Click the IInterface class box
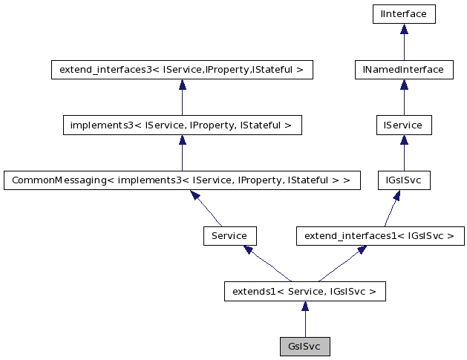404,14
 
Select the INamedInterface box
404,70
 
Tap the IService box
404,125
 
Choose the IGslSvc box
404,180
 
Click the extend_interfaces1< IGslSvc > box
380,236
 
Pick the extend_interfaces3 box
181,70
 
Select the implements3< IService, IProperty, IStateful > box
182,125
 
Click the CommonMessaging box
182,180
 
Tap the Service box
229,236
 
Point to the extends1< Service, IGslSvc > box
304,292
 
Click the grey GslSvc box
304,347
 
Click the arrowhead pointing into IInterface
404,29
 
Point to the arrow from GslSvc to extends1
304,319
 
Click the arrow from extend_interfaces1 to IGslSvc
392,209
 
